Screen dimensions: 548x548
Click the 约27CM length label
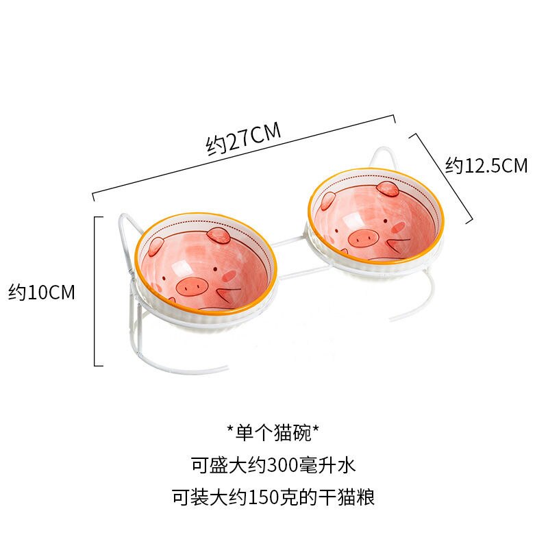[243, 138]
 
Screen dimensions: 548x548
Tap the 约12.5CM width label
[486, 165]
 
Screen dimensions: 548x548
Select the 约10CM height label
[42, 292]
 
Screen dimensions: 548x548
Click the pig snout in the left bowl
[192, 287]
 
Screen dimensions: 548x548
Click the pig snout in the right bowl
[364, 238]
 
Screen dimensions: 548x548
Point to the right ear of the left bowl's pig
[219, 235]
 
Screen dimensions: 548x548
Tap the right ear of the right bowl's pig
[388, 189]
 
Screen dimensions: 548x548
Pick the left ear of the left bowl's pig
[155, 246]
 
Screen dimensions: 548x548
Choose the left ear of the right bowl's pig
[327, 200]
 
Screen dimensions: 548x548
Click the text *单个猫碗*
[273, 433]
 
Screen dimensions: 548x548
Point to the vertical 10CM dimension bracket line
[95, 292]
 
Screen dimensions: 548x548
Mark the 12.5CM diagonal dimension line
[441, 177]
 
